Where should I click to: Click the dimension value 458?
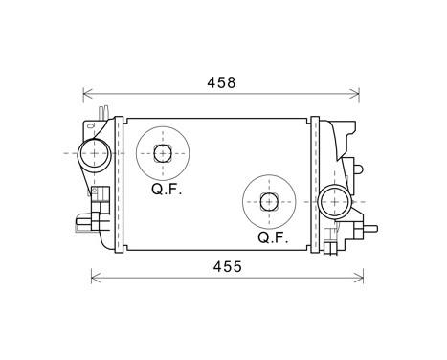click(221, 83)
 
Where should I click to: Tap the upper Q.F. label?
click(165, 189)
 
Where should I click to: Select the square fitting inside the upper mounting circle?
click(163, 153)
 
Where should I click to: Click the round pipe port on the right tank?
click(335, 201)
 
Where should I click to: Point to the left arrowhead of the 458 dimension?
click(86, 94)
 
